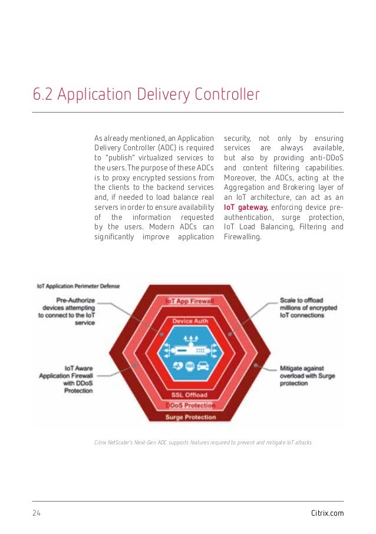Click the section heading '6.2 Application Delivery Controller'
pyautogui.click(x=146, y=94)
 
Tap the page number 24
pyautogui.click(x=37, y=513)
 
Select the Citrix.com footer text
pyautogui.click(x=327, y=513)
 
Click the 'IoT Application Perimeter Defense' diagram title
pyautogui.click(x=78, y=286)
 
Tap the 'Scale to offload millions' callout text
pyautogui.click(x=302, y=307)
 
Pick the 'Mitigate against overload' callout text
pyautogui.click(x=302, y=375)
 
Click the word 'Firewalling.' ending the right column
pyautogui.click(x=242, y=237)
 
